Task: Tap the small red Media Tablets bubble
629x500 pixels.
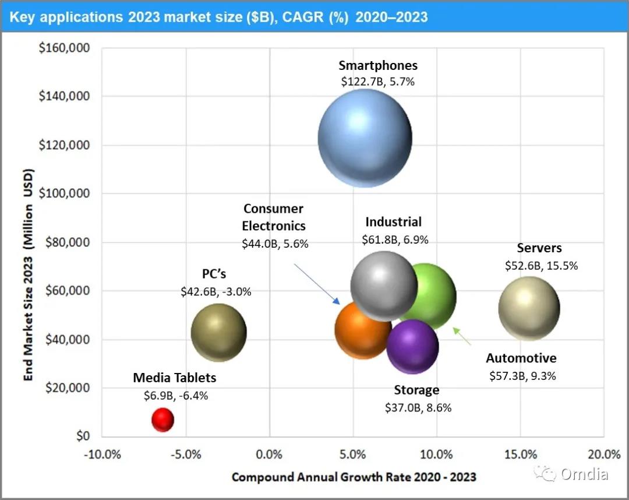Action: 162,420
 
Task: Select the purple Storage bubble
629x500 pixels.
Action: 412,346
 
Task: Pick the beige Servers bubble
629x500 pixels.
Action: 529,308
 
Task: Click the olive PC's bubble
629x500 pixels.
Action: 219,332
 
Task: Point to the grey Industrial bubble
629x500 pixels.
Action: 384,285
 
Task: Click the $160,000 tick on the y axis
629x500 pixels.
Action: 64,48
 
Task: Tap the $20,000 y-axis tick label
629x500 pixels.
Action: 66,388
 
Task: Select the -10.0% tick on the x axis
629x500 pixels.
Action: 103,454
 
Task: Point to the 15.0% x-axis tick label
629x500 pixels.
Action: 520,454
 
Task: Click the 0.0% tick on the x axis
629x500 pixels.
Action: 270,454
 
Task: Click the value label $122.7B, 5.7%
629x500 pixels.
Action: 378,82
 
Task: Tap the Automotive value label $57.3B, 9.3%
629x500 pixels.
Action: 522,376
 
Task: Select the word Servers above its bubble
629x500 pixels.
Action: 539,248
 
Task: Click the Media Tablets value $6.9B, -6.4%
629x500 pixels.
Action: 176,395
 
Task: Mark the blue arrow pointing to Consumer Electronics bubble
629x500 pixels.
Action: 316,283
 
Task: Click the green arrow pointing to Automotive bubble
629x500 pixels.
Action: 462,336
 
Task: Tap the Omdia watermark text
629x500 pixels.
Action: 584,474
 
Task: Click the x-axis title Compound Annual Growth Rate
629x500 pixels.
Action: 354,477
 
